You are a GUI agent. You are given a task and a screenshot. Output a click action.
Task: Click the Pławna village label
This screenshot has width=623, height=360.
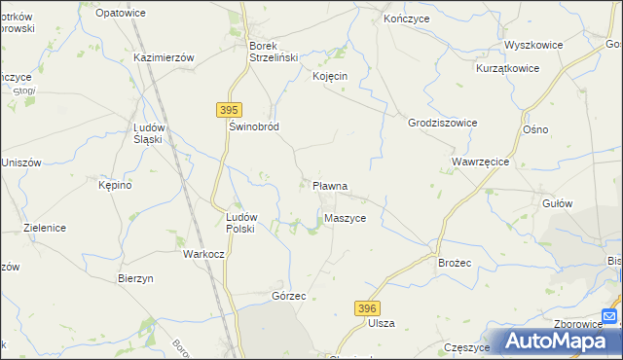pos(330,185)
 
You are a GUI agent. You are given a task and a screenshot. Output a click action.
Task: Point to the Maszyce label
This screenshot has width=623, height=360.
pos(346,219)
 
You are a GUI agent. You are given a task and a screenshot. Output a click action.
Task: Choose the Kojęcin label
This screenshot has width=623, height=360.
pos(331,76)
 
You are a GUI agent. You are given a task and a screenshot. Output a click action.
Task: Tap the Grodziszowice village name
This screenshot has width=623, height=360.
pos(442,124)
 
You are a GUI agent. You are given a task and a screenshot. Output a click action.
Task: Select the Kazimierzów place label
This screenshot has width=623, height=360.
pos(164,57)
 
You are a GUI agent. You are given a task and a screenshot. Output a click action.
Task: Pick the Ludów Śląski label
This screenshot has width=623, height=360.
pos(154,133)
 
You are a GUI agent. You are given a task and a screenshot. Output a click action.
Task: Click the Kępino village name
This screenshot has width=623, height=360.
pos(115,184)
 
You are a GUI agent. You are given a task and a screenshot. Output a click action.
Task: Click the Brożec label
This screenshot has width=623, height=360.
pos(455,263)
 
